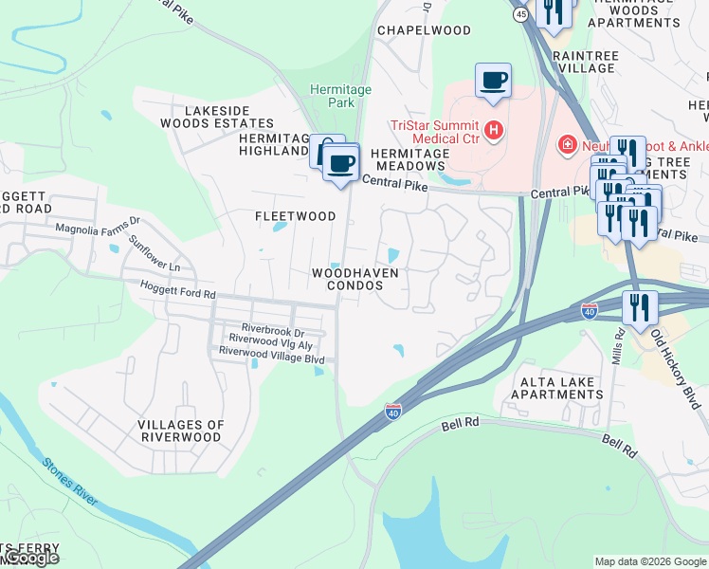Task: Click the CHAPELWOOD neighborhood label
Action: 424,30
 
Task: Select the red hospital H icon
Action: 493,129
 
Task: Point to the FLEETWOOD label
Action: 296,216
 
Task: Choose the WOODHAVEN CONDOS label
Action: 355,279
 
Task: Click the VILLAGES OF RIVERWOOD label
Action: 181,431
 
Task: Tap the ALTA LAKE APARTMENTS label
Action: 557,389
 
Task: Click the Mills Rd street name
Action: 619,345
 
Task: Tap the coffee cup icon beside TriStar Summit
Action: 493,80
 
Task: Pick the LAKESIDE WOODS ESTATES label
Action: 229,117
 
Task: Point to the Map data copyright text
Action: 651,561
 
